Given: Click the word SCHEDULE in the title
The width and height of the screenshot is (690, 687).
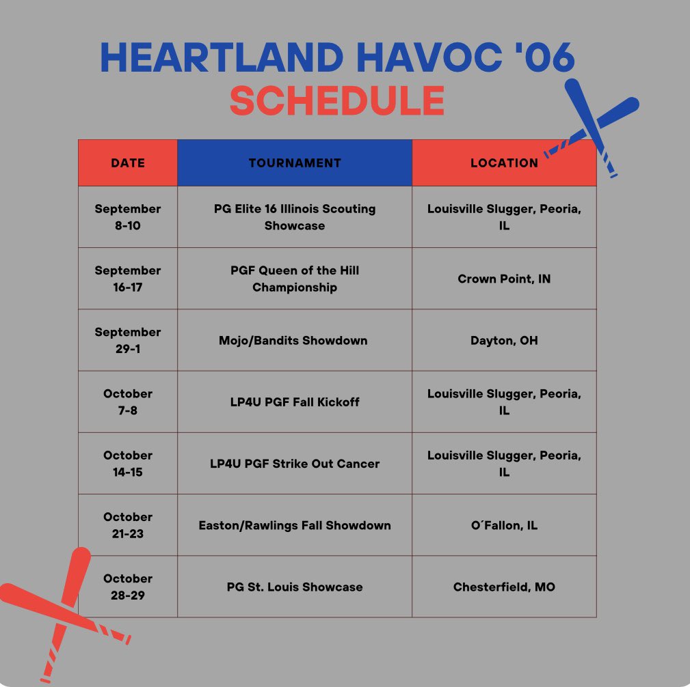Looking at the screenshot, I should pyautogui.click(x=337, y=100).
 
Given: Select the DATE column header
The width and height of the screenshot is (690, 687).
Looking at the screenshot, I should pyautogui.click(x=128, y=163).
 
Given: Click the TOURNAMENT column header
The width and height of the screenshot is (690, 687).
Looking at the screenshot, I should pyautogui.click(x=295, y=163).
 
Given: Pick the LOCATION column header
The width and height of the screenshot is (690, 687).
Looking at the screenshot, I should pyautogui.click(x=504, y=163).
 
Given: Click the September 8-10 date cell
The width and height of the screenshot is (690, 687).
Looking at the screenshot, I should pyautogui.click(x=128, y=217).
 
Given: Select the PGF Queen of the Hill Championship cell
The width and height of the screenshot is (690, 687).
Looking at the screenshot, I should pyautogui.click(x=295, y=279).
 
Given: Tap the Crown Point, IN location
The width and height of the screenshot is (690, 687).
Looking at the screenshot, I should pyautogui.click(x=504, y=279).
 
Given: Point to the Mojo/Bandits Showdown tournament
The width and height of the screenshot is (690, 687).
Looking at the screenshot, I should pyautogui.click(x=295, y=340).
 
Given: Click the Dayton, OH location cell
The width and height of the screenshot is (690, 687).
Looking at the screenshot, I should pyautogui.click(x=504, y=340).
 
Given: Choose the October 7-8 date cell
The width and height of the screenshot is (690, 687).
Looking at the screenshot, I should pyautogui.click(x=128, y=402).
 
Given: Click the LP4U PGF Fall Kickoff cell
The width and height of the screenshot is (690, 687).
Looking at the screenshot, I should pyautogui.click(x=295, y=402).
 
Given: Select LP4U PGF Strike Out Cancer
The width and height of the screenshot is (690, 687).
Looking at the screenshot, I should pyautogui.click(x=295, y=463).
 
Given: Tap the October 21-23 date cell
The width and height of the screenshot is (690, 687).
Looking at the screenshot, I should pyautogui.click(x=128, y=525).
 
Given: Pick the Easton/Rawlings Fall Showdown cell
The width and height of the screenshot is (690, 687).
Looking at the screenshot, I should pyautogui.click(x=295, y=525).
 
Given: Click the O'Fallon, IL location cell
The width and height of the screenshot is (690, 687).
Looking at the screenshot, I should pyautogui.click(x=504, y=525).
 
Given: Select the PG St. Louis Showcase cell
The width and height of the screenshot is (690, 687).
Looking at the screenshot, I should pyautogui.click(x=295, y=587).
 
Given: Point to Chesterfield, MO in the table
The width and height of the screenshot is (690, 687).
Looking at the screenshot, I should pyautogui.click(x=504, y=587).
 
